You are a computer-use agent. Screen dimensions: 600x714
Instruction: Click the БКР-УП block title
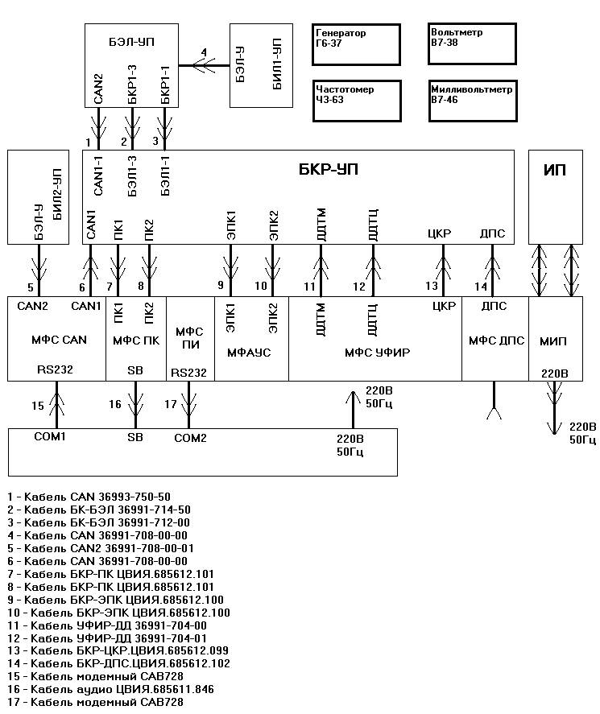[x=329, y=169]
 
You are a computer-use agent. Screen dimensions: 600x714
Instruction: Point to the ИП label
[x=555, y=170]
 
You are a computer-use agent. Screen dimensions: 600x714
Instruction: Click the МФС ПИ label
[x=189, y=338]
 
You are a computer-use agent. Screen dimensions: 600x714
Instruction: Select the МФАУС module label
[x=249, y=353]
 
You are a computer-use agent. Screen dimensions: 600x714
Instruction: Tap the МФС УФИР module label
[x=377, y=353]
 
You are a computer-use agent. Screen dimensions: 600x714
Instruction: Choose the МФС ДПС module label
[x=497, y=340]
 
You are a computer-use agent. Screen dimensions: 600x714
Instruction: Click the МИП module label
[x=553, y=341]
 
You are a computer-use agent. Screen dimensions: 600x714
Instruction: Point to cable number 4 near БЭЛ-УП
[x=204, y=52]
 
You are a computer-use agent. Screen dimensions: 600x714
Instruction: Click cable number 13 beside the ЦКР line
[x=432, y=286]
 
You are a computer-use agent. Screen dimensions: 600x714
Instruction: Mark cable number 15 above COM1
[x=38, y=406]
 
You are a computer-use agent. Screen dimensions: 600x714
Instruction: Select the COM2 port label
[x=190, y=438]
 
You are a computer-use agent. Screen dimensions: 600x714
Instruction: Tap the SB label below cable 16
[x=135, y=437]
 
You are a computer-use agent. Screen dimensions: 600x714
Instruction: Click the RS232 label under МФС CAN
[x=55, y=369]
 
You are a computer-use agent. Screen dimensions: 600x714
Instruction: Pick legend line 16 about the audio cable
[x=110, y=689]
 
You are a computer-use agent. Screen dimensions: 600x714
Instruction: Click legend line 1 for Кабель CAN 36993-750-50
[x=89, y=497]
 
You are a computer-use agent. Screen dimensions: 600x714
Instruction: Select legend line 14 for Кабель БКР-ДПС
[x=118, y=663]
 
